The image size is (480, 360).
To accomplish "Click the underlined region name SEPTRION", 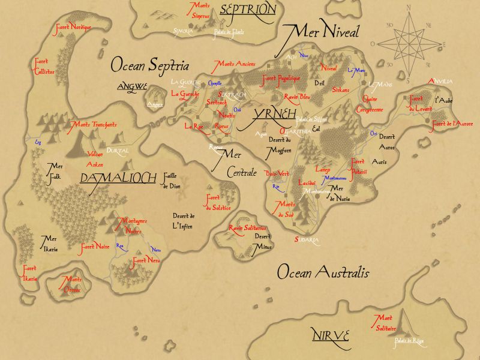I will click(248, 10).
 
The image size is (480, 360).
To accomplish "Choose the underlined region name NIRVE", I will click(330, 335).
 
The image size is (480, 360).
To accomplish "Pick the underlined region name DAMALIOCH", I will click(118, 178).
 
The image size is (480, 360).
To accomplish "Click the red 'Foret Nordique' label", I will click(73, 28).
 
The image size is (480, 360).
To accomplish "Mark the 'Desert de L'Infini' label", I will click(182, 221).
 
